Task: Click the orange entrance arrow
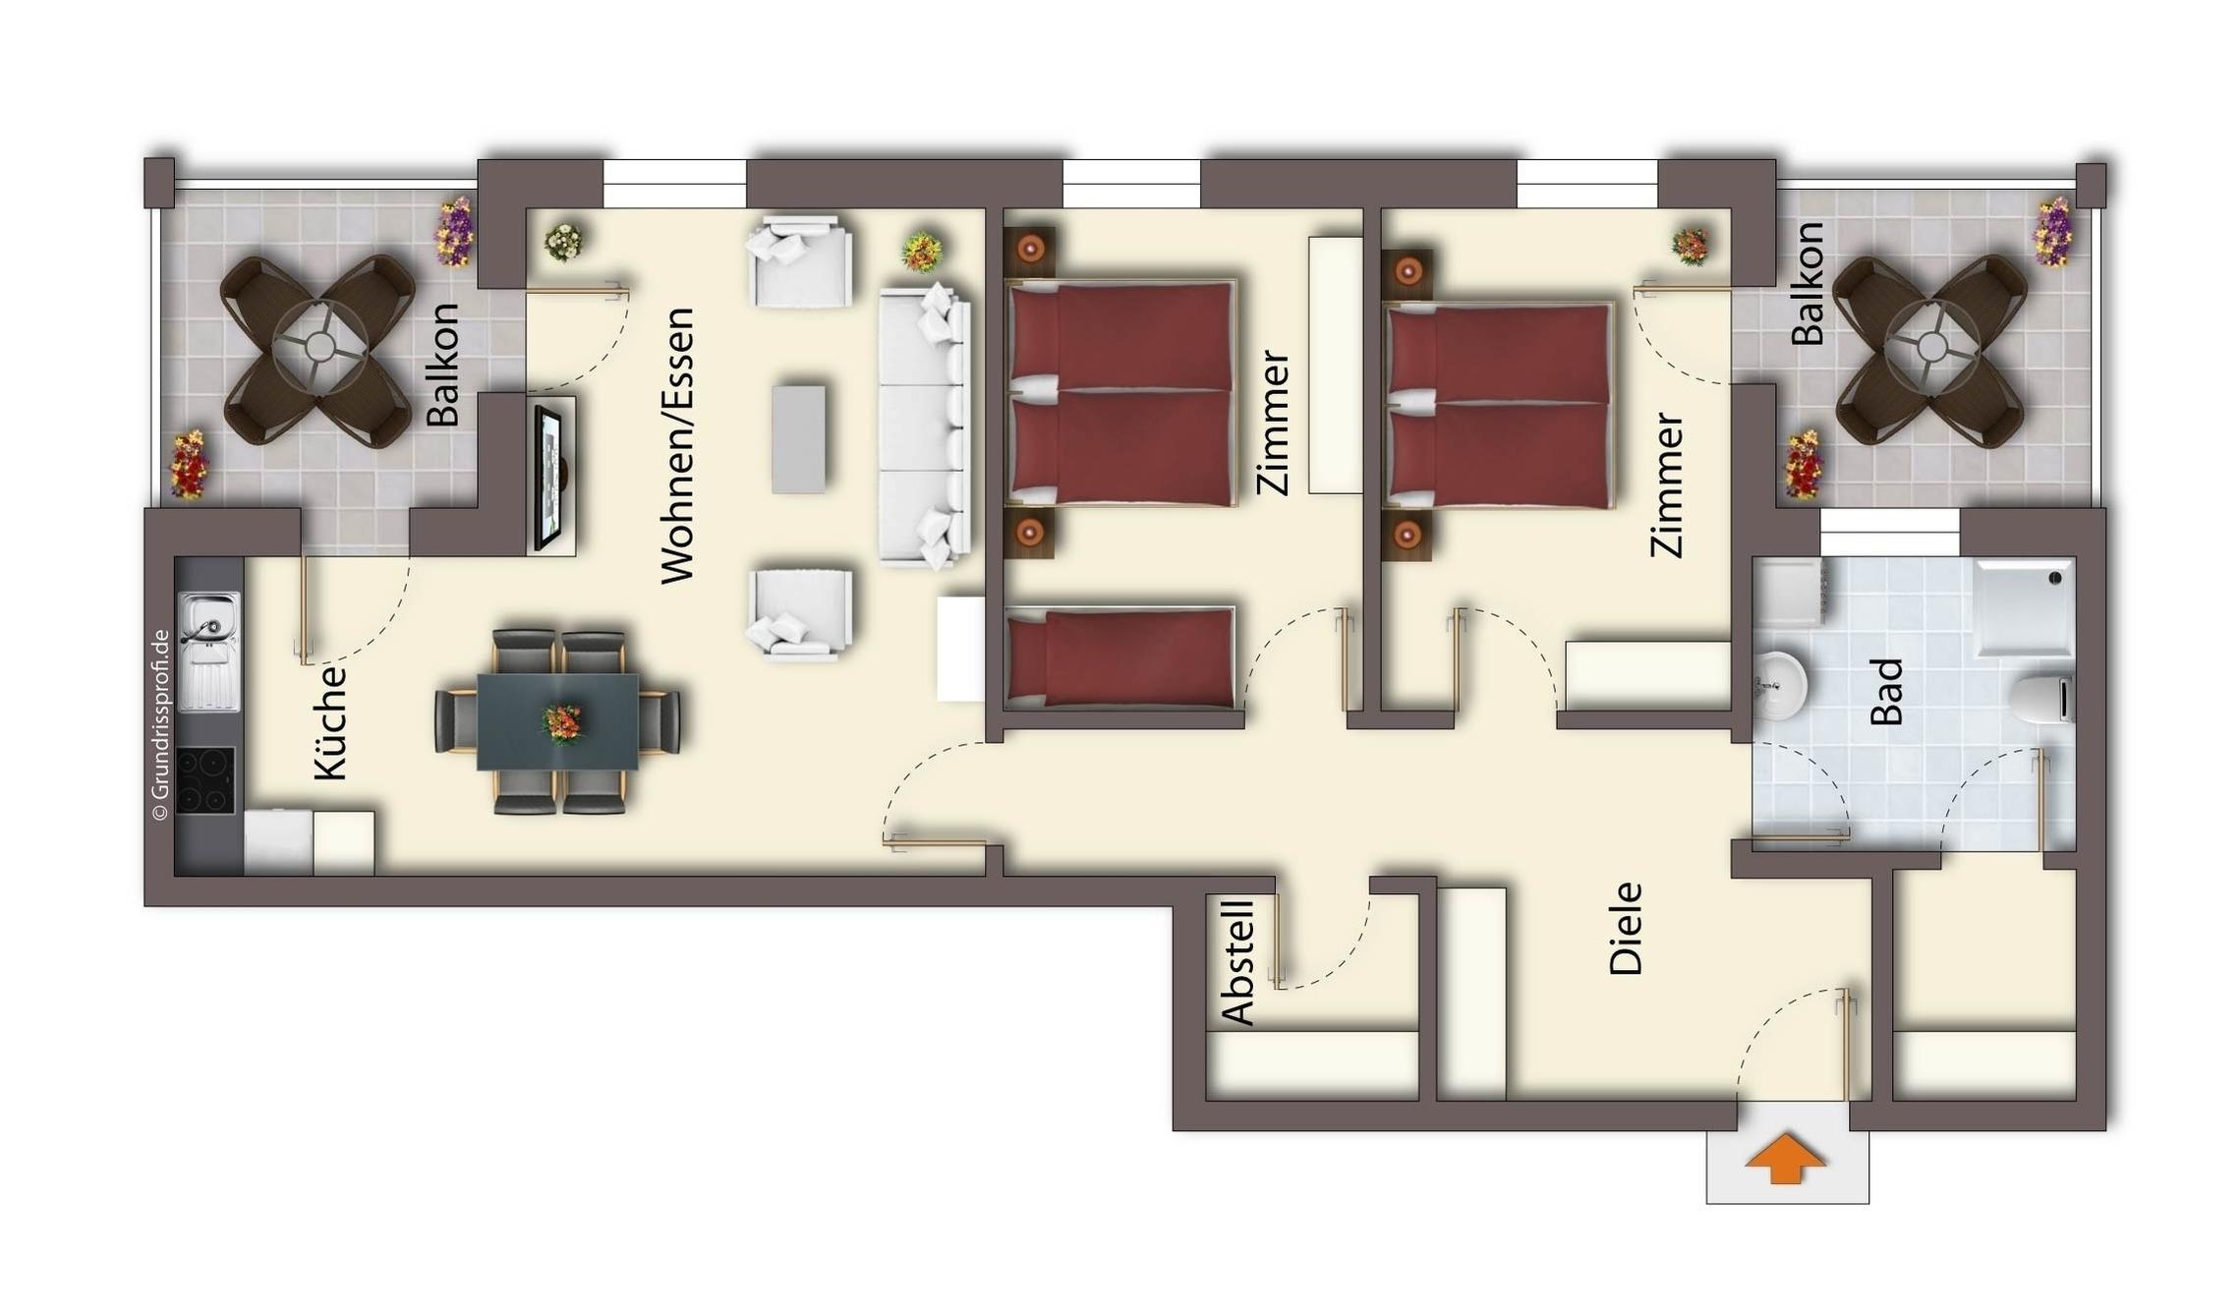1785,1159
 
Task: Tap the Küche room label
331,723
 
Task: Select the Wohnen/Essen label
677,446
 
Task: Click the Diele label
1626,928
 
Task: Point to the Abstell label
1237,962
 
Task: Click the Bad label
1886,692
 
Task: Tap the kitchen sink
208,651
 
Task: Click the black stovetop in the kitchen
205,780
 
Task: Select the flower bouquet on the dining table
562,723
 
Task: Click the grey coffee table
798,438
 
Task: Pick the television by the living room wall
548,477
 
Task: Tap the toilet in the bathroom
2040,698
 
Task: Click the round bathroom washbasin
1780,684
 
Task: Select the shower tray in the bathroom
2024,607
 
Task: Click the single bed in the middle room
1120,657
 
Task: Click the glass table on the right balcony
1931,347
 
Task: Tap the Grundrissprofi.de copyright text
160,724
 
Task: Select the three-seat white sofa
925,426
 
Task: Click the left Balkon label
442,365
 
